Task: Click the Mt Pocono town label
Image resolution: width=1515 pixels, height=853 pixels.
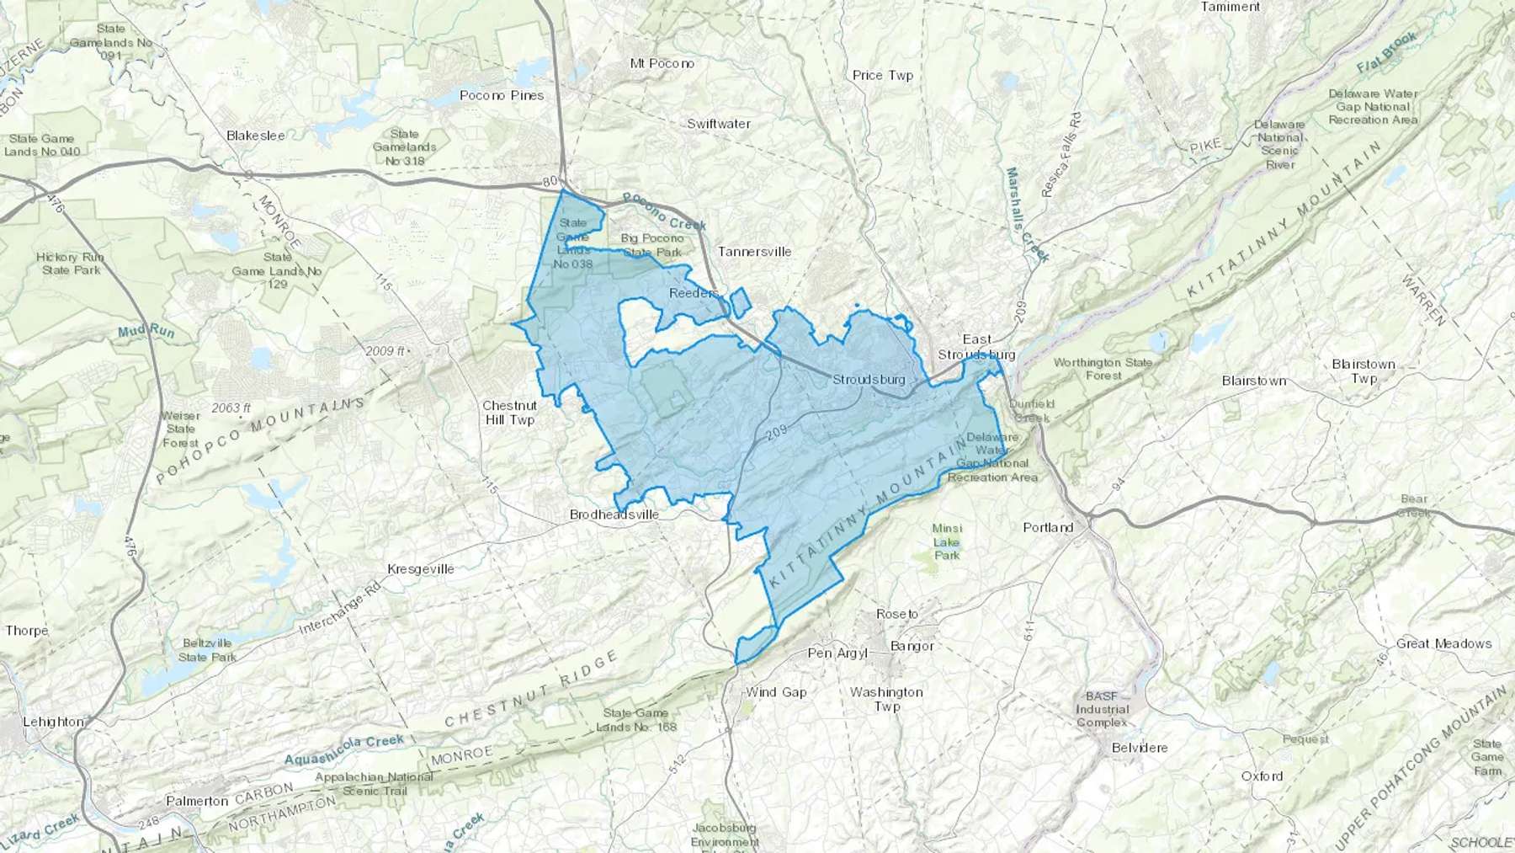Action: [x=662, y=63]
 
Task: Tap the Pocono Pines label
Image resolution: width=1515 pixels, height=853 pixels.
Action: [x=502, y=95]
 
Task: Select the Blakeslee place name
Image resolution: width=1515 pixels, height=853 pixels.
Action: [x=256, y=135]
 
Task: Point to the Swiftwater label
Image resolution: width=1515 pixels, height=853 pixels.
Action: [x=719, y=124]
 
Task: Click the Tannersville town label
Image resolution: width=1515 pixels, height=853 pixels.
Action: [x=754, y=251]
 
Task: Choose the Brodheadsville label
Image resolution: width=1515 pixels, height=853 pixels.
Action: [x=614, y=514]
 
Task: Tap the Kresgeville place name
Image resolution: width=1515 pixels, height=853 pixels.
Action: [x=420, y=569]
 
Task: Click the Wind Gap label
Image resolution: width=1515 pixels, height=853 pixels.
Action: [x=776, y=692]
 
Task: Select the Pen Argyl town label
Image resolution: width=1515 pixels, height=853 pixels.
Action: [x=837, y=653]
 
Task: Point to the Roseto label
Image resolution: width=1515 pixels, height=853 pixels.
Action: [x=897, y=614]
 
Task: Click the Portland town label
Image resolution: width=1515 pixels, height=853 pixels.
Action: [x=1048, y=528]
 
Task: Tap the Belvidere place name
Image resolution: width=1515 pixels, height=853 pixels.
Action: [x=1140, y=748]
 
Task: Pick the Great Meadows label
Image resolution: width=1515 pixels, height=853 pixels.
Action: [x=1443, y=643]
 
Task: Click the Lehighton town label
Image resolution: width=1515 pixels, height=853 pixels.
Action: [x=53, y=722]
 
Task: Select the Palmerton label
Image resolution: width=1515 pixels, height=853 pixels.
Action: [x=197, y=801]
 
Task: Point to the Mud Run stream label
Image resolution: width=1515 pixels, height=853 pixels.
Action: [x=146, y=332]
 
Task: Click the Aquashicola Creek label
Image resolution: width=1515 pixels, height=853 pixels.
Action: [x=344, y=749]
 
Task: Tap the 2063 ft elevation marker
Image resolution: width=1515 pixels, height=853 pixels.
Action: [x=231, y=408]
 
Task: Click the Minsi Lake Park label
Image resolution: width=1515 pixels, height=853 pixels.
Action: [x=947, y=541]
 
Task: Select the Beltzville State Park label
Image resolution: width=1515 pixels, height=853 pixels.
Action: [x=207, y=650]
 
